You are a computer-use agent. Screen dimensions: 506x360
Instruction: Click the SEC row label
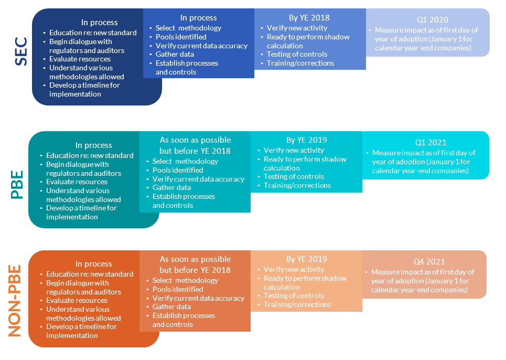(21, 51)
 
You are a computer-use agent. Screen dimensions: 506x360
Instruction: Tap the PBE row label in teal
(17, 185)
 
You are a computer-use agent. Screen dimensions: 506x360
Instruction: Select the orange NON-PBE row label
(15, 301)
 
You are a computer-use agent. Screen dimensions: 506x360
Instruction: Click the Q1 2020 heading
(433, 20)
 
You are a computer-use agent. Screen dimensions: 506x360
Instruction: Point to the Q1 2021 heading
(431, 142)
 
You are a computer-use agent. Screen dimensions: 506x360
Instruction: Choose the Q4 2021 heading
(429, 261)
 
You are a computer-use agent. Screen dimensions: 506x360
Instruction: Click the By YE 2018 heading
(309, 17)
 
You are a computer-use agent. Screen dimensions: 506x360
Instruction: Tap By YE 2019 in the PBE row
(307, 140)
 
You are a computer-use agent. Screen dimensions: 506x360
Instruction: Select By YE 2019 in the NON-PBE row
(307, 259)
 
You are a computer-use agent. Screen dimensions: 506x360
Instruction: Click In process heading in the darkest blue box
(100, 23)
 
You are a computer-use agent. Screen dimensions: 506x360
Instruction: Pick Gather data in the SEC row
(175, 54)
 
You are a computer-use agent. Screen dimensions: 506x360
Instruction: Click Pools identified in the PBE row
(178, 170)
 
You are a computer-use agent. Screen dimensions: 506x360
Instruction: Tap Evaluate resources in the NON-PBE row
(77, 300)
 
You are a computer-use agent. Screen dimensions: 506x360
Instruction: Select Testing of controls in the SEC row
(297, 54)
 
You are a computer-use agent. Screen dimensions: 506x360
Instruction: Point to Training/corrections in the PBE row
(297, 185)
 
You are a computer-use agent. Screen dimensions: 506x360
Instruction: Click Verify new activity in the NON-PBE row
(294, 269)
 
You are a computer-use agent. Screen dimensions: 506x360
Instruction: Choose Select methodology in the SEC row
(188, 28)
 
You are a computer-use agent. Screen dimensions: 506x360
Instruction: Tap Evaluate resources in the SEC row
(80, 59)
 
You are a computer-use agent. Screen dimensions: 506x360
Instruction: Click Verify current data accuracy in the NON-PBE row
(198, 298)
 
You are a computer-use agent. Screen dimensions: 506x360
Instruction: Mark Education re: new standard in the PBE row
(90, 155)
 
